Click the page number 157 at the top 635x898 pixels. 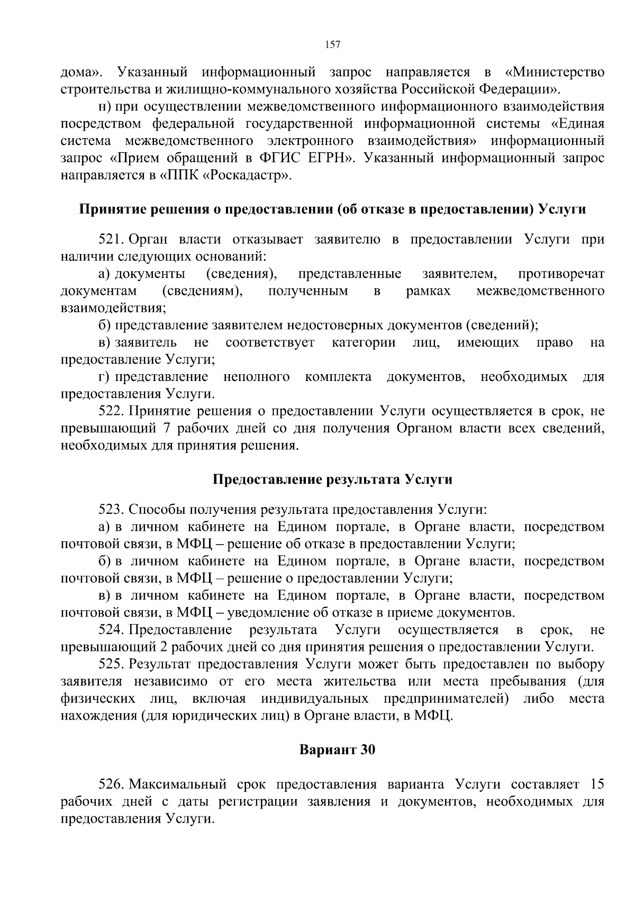pos(332,45)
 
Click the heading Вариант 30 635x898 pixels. pos(337,750)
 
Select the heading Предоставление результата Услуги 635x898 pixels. pos(332,479)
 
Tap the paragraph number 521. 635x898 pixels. pos(111,239)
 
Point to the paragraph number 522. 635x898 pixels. pos(111,411)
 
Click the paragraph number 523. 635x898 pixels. pos(111,510)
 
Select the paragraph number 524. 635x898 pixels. pos(111,630)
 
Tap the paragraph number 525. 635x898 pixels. pos(111,664)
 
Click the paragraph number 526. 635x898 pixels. pos(111,784)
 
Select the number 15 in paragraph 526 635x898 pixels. pos(596,784)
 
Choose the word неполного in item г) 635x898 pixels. pos(256,377)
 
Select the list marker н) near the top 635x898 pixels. pos(104,106)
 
